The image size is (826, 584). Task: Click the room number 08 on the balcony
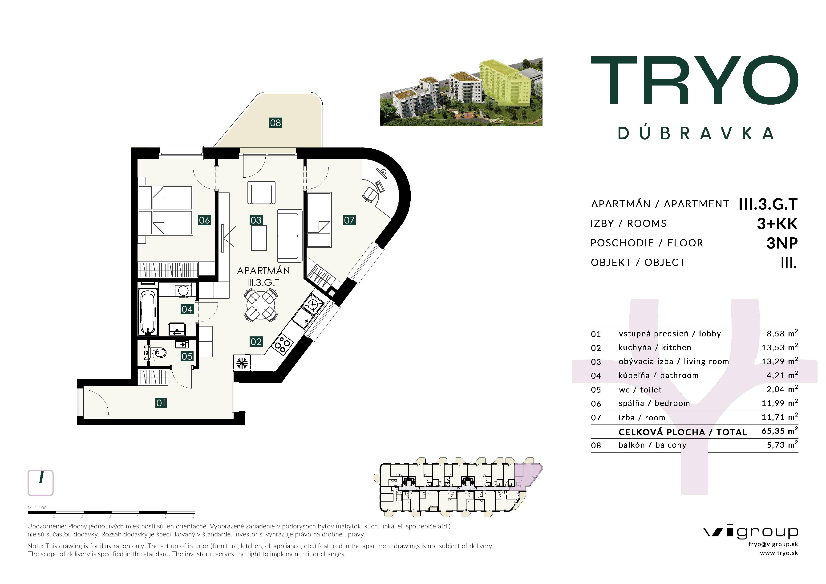(x=275, y=123)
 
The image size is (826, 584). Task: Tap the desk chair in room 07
(x=369, y=194)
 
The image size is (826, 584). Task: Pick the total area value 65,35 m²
(x=779, y=431)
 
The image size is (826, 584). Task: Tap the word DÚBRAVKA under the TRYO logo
(x=695, y=133)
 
